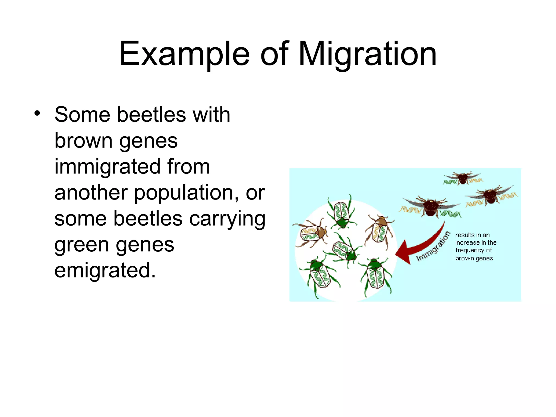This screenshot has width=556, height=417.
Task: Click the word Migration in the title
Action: [368, 54]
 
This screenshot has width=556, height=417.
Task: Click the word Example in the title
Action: [184, 54]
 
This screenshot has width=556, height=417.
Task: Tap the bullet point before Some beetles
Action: [37, 113]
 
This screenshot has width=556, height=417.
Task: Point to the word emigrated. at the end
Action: [105, 270]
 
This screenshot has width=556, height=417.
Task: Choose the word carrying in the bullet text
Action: [227, 219]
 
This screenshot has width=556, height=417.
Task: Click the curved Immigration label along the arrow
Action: [434, 247]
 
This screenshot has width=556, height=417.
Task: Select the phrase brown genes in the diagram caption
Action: [474, 258]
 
